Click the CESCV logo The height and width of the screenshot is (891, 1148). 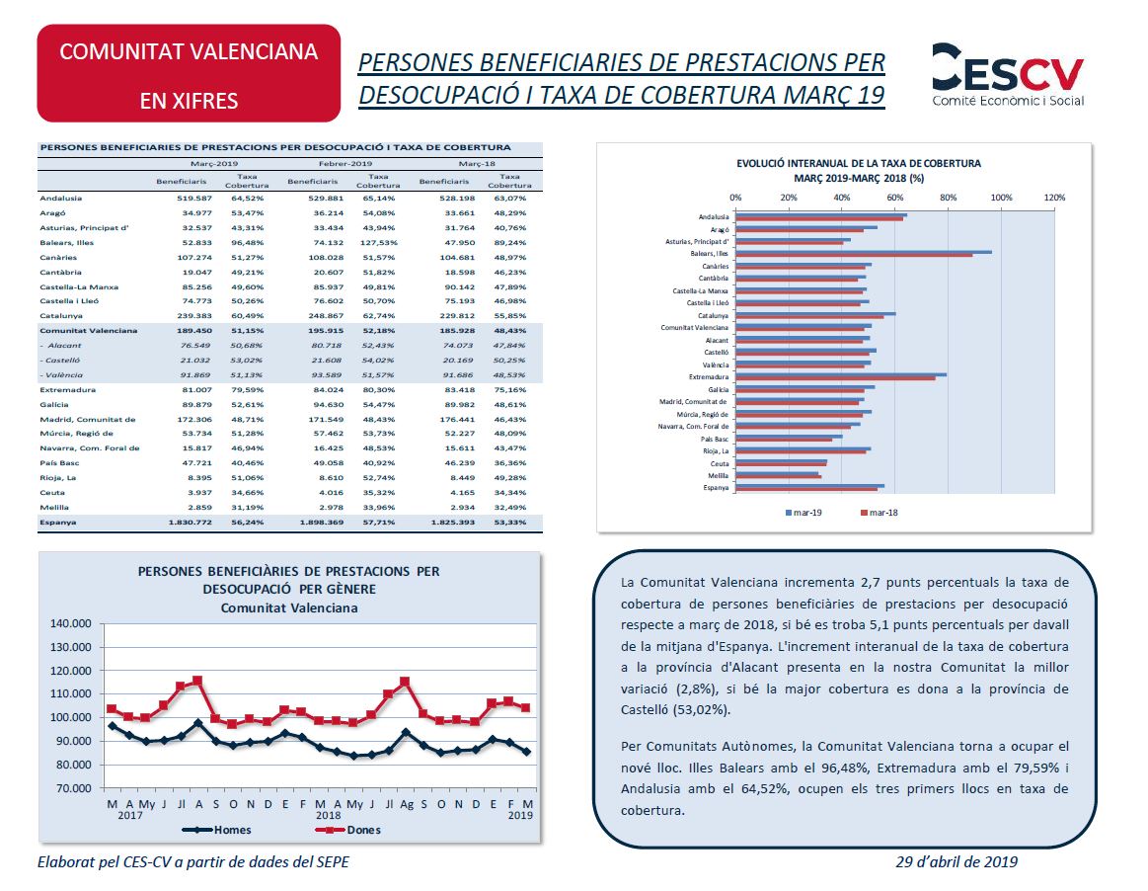click(1007, 75)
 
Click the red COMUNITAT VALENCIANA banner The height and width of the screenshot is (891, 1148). click(189, 74)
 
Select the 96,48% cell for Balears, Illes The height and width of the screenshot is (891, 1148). click(247, 242)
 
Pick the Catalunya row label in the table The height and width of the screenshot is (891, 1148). click(61, 316)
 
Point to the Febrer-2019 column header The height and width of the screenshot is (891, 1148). click(344, 163)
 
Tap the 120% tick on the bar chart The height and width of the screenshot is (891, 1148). click(1054, 198)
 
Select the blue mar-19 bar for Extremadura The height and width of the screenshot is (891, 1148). click(840, 374)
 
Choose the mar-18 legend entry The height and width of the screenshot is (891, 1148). click(879, 513)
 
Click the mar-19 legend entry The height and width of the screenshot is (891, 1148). click(806, 513)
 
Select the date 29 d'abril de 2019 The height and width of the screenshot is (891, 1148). click(957, 861)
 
